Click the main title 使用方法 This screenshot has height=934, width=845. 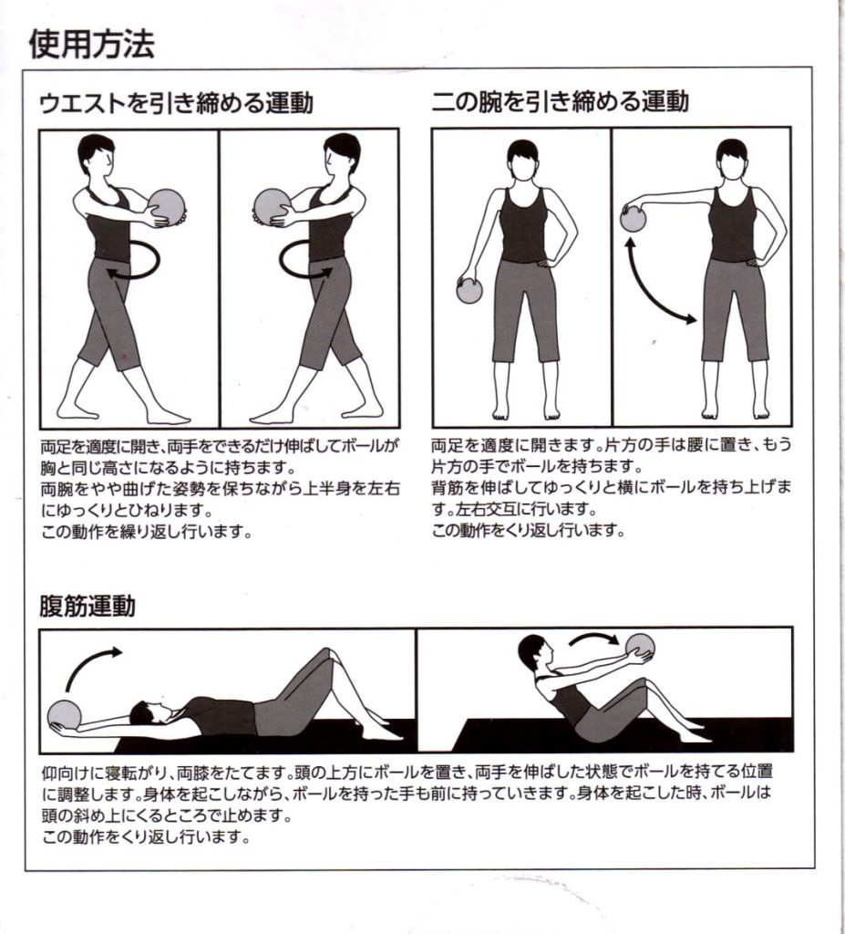[92, 44]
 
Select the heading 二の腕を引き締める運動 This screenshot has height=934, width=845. [561, 102]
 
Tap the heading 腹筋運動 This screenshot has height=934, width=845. [88, 606]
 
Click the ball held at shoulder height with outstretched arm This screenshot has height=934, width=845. [633, 217]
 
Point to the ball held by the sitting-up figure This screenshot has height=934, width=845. [640, 648]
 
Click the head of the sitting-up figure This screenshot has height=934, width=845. [532, 653]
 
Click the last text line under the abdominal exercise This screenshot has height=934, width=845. [145, 837]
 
